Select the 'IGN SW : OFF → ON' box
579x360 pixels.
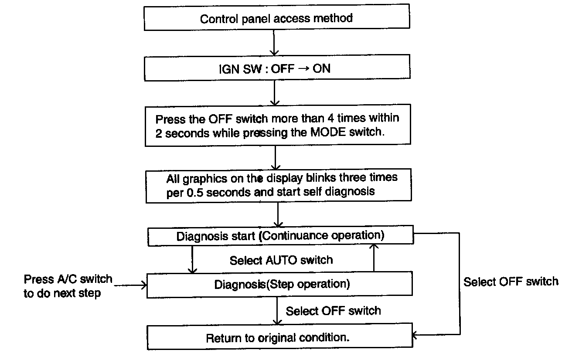pos(276,69)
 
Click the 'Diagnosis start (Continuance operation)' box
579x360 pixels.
pos(280,236)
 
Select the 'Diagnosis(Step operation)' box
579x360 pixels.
pos(280,285)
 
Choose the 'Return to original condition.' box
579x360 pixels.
pos(280,338)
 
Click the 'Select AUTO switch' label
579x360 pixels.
pos(281,260)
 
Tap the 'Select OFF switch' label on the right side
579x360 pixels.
pos(511,282)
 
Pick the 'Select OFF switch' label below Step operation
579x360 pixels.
pos(333,311)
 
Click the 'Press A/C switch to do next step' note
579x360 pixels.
pos(68,286)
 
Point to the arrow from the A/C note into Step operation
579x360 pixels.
pos(131,285)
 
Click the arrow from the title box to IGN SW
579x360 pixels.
pos(273,44)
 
